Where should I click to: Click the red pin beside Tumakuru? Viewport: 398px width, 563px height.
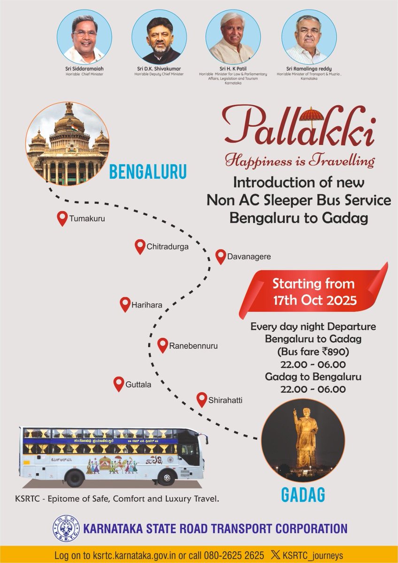[x=62, y=218]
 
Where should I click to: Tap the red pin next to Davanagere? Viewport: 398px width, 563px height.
[x=221, y=257]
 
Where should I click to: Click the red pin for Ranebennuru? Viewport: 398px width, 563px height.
[x=162, y=345]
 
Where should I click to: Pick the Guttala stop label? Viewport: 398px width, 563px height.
[x=138, y=385]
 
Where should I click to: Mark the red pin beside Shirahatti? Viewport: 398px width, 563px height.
[x=202, y=400]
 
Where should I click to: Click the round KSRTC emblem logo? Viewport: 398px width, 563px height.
[x=65, y=529]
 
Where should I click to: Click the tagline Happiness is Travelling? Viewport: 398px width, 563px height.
[x=300, y=161]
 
